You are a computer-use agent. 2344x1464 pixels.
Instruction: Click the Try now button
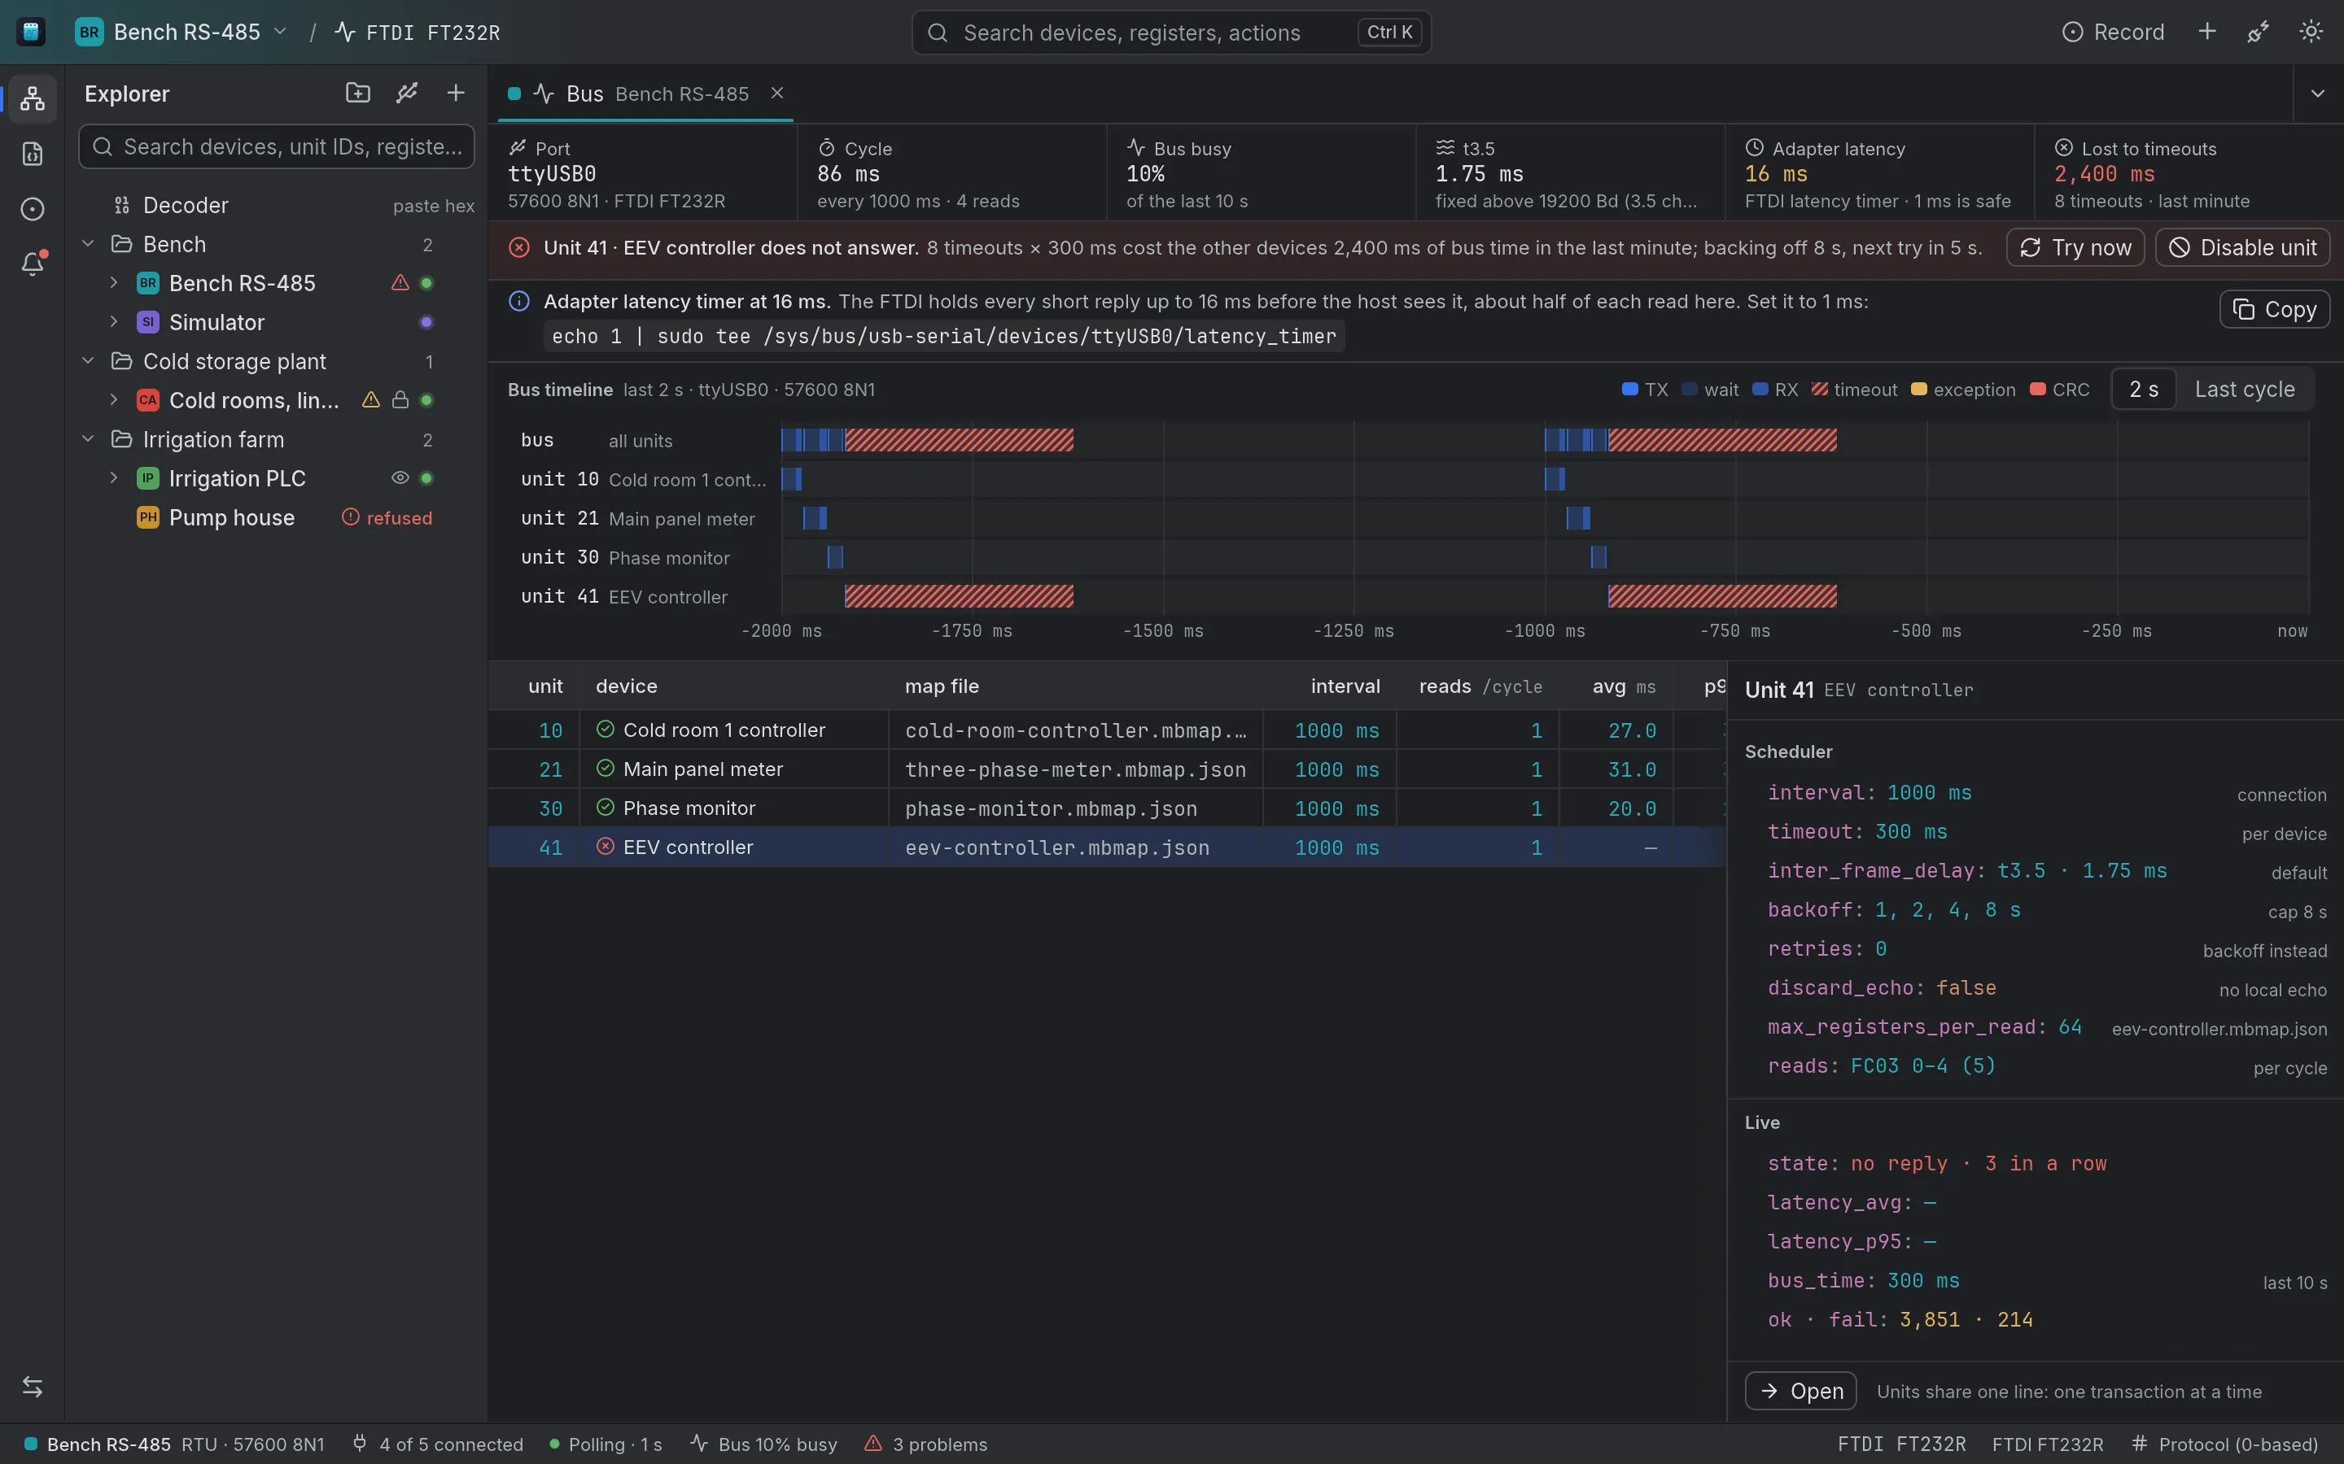[2075, 248]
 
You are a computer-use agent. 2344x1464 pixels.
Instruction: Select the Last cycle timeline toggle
[2244, 390]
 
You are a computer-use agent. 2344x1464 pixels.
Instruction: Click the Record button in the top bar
[2113, 32]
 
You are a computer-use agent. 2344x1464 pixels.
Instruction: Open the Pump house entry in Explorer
[231, 518]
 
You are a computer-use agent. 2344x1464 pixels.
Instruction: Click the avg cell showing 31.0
[1632, 769]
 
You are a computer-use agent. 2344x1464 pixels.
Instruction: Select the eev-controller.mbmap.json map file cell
[1056, 848]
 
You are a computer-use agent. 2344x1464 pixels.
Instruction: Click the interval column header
[1345, 686]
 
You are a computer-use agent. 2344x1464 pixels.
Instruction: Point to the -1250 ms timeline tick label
[1353, 631]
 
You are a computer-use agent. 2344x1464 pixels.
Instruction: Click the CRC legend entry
[2060, 390]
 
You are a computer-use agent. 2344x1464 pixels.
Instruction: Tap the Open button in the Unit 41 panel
[1800, 1392]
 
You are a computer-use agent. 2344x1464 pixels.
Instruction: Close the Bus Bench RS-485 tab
[776, 93]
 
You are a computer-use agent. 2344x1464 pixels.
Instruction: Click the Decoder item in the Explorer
[185, 205]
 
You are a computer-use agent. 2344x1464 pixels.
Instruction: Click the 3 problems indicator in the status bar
[926, 1444]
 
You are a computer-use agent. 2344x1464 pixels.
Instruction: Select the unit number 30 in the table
[550, 808]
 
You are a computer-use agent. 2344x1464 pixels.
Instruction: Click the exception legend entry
[1963, 390]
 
